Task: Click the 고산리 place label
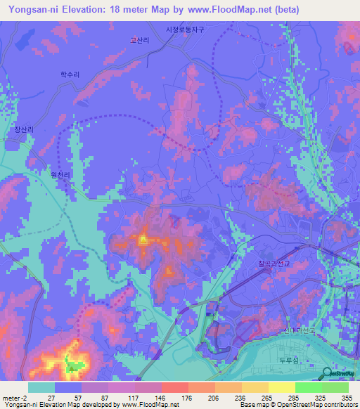click(x=140, y=41)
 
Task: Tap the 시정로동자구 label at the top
click(x=184, y=30)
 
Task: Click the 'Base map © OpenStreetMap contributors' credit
click(x=298, y=404)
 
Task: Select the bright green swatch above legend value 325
click(x=308, y=387)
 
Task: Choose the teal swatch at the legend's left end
click(x=41, y=387)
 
